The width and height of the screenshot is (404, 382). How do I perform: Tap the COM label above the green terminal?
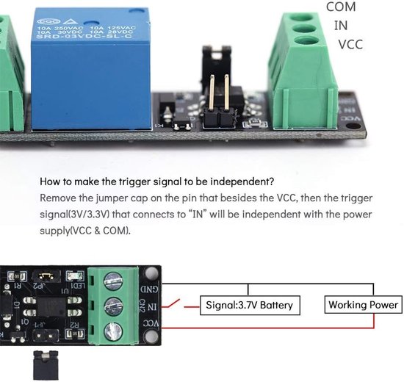coord(340,7)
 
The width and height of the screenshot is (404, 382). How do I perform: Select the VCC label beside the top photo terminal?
coord(350,44)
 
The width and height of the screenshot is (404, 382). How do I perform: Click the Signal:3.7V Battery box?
coord(248,305)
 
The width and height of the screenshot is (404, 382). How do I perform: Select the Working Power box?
coord(363,304)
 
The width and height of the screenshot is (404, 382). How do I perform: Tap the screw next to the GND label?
coord(114,281)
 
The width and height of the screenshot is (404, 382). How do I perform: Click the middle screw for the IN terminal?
coord(114,306)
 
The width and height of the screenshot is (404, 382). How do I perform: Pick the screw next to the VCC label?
coord(114,330)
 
